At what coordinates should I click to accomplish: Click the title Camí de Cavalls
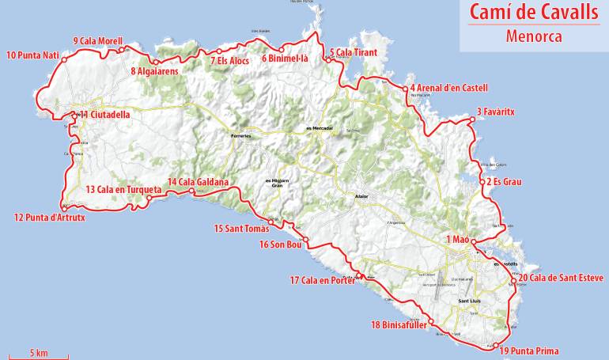coord(534,13)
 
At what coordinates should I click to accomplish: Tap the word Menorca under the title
coord(534,36)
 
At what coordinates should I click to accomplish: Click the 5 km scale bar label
coord(39,351)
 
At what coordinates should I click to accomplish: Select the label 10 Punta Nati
coord(33,55)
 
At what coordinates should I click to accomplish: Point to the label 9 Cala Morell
coord(97,41)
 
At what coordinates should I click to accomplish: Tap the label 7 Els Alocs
coord(230,61)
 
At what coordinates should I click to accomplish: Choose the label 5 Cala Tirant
coord(353,52)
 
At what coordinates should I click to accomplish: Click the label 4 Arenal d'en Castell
coord(448,87)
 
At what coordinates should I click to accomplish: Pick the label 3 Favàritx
coord(496,112)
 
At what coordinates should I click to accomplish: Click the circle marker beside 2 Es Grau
coord(482,182)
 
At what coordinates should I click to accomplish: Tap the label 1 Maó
coord(458,240)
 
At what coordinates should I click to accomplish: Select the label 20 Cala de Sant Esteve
coord(561,278)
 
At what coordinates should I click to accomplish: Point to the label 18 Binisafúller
coord(399,324)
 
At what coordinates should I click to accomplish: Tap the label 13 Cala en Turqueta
coord(123,190)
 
